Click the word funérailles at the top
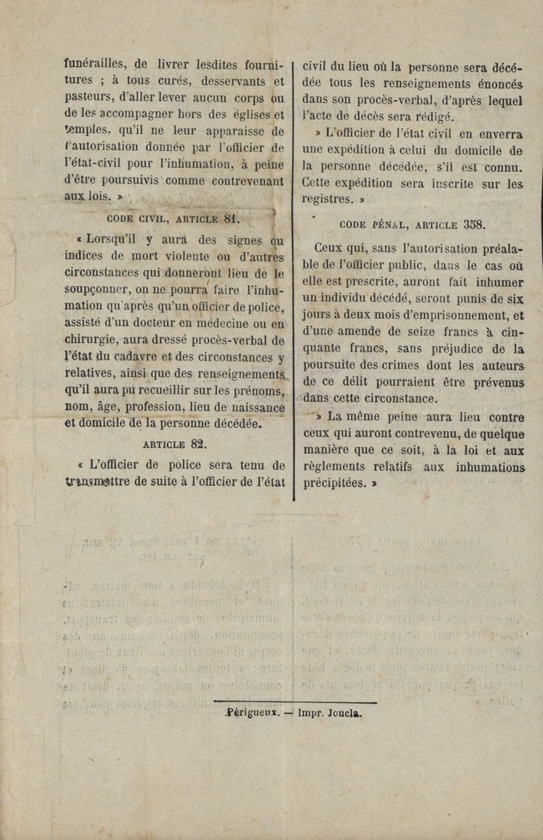(x=93, y=65)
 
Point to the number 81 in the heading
(x=231, y=219)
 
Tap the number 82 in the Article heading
(x=198, y=444)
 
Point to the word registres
(x=327, y=199)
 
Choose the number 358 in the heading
(x=474, y=224)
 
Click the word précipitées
(x=334, y=483)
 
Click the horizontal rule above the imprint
(x=295, y=702)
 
